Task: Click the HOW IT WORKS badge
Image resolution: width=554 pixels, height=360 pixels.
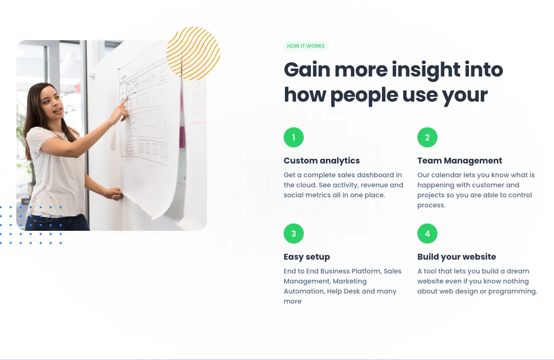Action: [305, 46]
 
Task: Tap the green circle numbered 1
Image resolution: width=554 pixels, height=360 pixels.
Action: [294, 138]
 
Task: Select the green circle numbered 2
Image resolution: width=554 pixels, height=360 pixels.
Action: [427, 138]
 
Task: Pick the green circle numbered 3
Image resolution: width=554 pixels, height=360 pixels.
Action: [294, 233]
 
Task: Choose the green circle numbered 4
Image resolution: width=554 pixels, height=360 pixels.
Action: [427, 233]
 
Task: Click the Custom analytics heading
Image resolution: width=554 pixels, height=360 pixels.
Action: [322, 161]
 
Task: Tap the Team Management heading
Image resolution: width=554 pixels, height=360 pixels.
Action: [460, 161]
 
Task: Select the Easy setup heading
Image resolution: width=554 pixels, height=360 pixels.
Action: [307, 257]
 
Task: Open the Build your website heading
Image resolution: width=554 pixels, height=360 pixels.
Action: [457, 257]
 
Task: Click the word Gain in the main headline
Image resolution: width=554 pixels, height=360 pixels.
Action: [307, 69]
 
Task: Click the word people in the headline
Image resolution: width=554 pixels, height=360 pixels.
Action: [364, 96]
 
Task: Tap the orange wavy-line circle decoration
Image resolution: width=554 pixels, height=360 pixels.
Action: [193, 54]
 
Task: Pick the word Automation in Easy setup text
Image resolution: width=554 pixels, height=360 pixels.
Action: [304, 291]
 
